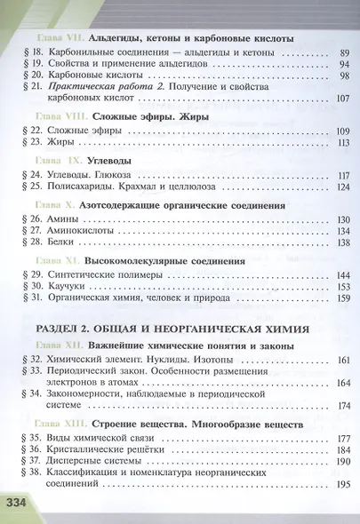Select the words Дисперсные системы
point(90,463)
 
